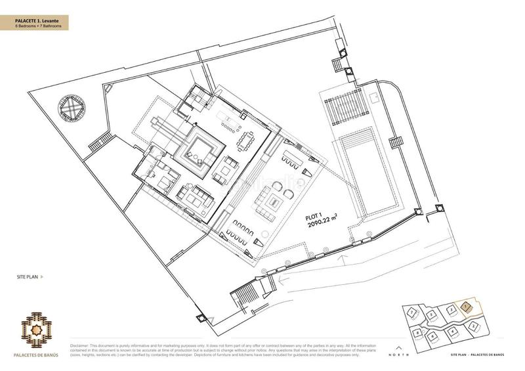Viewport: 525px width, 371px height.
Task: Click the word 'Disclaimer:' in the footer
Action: [x=80, y=345]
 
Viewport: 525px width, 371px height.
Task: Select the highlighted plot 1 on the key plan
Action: [x=465, y=306]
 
